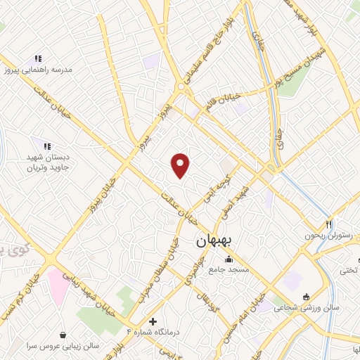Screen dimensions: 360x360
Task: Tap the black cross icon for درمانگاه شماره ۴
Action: pyautogui.click(x=153, y=321)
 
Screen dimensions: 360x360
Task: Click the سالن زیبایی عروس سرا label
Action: pyautogui.click(x=64, y=345)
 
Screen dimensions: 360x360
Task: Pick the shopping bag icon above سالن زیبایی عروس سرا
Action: pyautogui.click(x=64, y=334)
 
